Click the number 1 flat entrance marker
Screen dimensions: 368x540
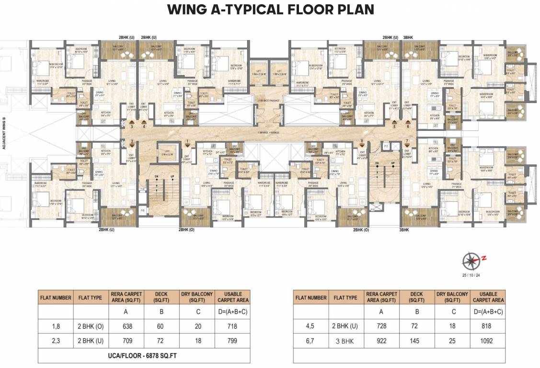pyautogui.click(x=188, y=141)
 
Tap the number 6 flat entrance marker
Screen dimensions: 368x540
pyautogui.click(x=408, y=126)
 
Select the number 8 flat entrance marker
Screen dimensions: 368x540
pyautogui.click(x=362, y=141)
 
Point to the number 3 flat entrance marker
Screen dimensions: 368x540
pyautogui.click(x=132, y=126)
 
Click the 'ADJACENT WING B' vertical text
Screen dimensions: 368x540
pyautogui.click(x=4, y=134)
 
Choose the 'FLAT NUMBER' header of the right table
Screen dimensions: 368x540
pyautogui.click(x=311, y=298)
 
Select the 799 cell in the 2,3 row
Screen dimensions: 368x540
pyautogui.click(x=232, y=342)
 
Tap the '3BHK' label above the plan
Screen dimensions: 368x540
pyautogui.click(x=409, y=37)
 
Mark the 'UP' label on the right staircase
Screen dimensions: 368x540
pyautogui.click(x=393, y=163)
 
